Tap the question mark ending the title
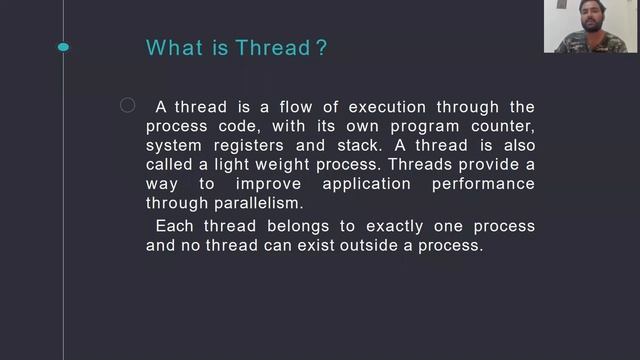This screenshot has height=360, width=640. pos(321,48)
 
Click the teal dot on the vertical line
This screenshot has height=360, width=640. pos(64,47)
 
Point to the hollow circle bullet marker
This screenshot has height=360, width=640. pos(127,106)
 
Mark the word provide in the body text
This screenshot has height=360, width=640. pos(489,164)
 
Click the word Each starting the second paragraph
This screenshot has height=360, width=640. pos(174,226)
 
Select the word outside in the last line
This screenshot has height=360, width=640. pos(359,245)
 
